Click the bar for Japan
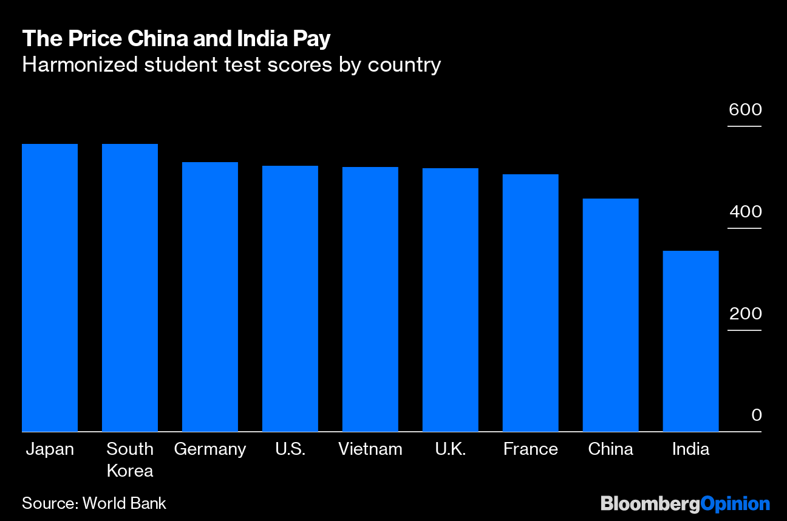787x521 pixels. [50, 288]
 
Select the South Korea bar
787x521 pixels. [130, 288]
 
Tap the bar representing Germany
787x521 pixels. [210, 297]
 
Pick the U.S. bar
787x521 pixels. [290, 299]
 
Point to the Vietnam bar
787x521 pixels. [370, 299]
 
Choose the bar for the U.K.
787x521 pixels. [451, 300]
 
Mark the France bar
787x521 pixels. [531, 303]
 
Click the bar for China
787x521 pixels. [611, 315]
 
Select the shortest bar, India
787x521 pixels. [690, 341]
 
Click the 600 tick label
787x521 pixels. [745, 110]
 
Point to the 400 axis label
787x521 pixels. [746, 211]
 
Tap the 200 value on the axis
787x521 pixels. [746, 313]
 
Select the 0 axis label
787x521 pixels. [757, 415]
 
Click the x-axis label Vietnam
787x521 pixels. [370, 449]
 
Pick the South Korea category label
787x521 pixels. [130, 460]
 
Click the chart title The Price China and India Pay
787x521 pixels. [176, 39]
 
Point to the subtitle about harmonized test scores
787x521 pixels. [231, 66]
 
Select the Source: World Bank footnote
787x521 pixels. [94, 503]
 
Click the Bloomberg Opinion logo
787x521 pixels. [685, 504]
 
